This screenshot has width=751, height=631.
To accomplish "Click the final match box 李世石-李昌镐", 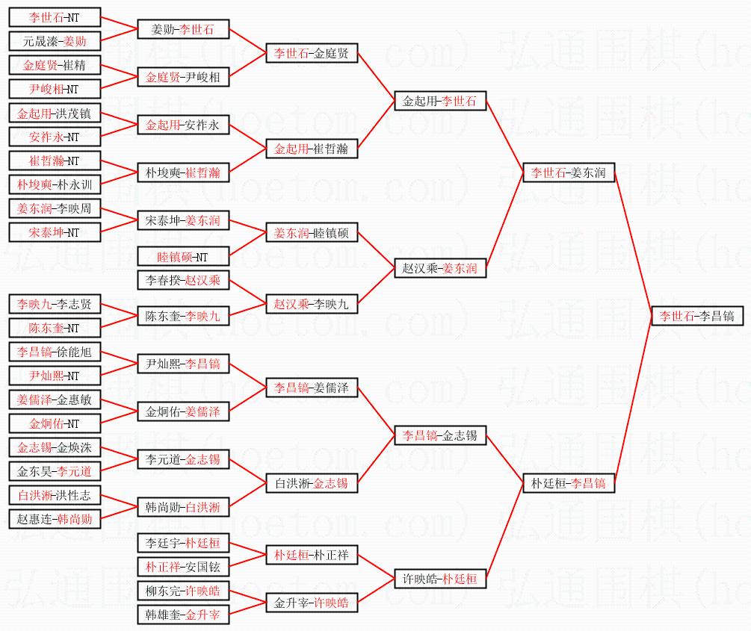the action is coord(697,316).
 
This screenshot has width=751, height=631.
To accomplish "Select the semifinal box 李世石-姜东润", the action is coord(569,172).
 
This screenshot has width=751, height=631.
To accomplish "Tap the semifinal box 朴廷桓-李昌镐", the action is coord(569,483).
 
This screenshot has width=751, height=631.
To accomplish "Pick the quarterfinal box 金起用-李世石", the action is coord(440,101).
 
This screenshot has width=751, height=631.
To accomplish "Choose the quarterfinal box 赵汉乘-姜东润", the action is coord(440,268).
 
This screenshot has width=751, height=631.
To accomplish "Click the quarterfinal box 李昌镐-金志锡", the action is coord(440,435).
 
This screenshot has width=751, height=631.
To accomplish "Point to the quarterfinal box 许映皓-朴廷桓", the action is coord(440,579).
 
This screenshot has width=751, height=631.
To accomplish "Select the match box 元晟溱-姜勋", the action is coord(55,41).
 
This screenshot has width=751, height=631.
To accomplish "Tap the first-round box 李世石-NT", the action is coord(55,17).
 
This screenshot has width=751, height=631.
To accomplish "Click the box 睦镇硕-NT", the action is coord(183,257).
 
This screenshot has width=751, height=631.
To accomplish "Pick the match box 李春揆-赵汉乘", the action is coord(183,280).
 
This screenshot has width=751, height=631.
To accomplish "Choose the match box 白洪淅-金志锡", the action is coord(312,483).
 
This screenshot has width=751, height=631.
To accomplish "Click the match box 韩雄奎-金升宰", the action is coord(183,615).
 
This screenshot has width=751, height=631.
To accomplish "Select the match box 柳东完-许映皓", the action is coord(183,591).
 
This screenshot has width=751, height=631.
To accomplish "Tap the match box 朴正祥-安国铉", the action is coord(183,567).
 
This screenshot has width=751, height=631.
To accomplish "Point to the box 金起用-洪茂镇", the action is coord(55,113).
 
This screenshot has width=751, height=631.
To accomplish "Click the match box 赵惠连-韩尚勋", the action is coord(55,519).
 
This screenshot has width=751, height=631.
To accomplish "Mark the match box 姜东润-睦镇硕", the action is coord(312,233).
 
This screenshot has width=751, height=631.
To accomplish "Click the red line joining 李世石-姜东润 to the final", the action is coord(633,244).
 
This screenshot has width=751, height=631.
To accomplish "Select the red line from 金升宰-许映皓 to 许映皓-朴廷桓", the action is coord(376,591).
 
